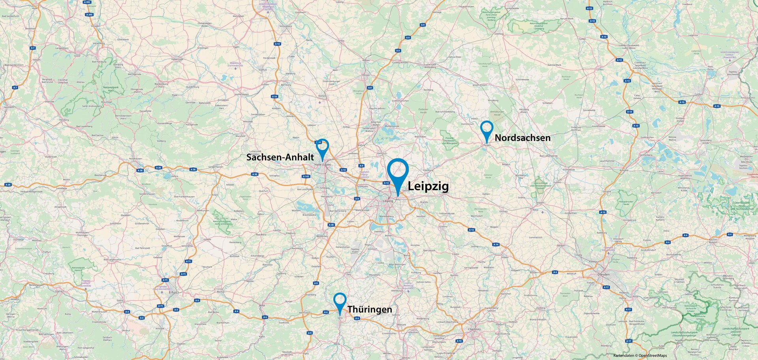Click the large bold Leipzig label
tap(428, 186)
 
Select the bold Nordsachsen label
tap(522, 138)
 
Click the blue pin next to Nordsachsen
tap(486, 130)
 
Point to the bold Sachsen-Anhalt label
tap(280, 157)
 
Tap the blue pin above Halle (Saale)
tap(323, 147)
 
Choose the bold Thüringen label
tap(370, 309)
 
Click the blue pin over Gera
tap(340, 302)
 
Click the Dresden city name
tap(603, 274)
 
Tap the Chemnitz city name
tap(474, 329)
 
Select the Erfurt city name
tap(173, 292)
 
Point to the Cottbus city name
tap(698, 94)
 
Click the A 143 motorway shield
tap(306, 176)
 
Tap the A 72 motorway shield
tap(459, 341)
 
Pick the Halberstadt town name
tap(177, 59)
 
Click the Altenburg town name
tap(396, 291)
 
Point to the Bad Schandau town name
tap(670, 307)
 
